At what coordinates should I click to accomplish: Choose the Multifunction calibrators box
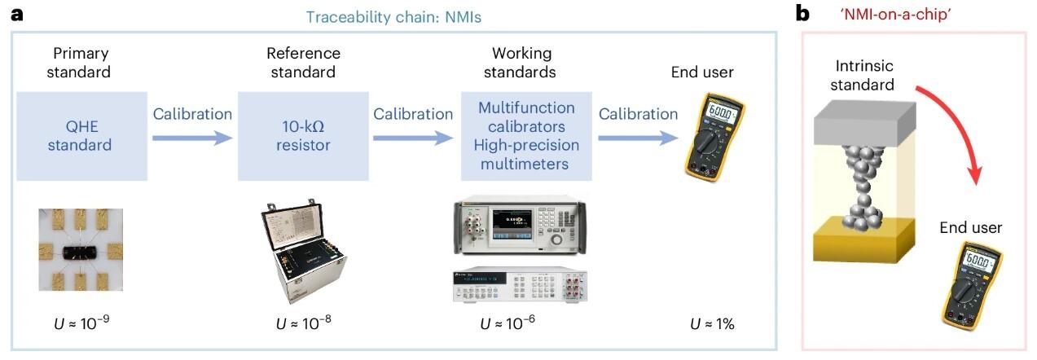point(526,136)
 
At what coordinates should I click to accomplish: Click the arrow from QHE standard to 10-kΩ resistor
point(192,138)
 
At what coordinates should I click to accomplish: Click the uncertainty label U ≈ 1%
point(712,324)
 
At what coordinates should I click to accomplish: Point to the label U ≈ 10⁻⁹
point(80,324)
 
